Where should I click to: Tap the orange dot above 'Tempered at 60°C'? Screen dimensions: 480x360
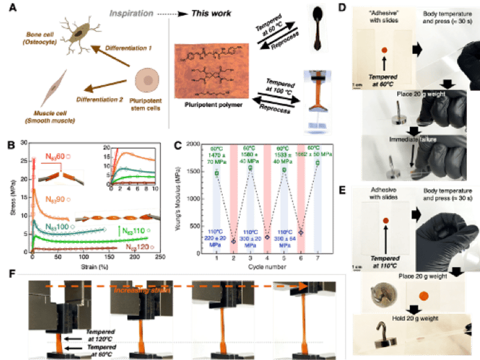pyautogui.click(x=385, y=50)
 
